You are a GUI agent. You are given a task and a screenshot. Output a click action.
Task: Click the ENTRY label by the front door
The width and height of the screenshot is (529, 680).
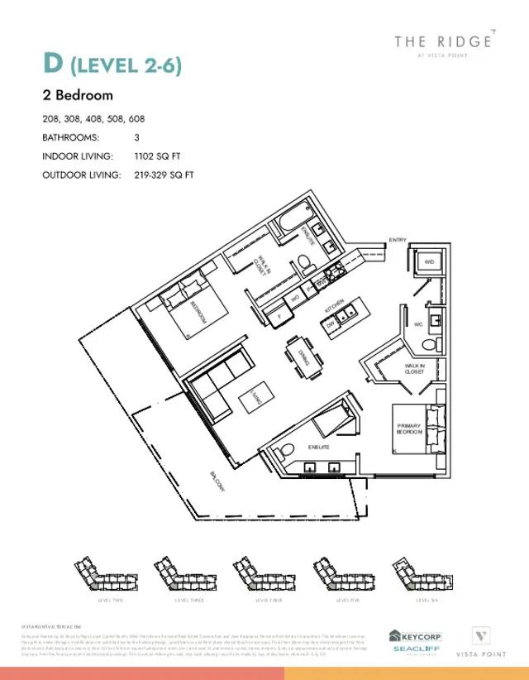tap(398, 240)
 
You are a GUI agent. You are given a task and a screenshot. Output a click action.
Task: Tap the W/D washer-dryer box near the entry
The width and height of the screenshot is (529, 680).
tap(428, 262)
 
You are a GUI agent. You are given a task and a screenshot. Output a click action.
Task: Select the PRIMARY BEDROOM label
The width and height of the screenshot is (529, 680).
tap(409, 429)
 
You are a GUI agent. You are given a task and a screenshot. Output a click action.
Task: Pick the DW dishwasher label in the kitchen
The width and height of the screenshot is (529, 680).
tap(330, 327)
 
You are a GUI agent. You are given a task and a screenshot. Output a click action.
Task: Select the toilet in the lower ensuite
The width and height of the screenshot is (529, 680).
tap(284, 452)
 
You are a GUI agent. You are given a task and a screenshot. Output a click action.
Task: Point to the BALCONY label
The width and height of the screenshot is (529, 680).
tap(217, 482)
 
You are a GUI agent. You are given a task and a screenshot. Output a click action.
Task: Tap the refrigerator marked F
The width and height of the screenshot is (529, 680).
tap(279, 315)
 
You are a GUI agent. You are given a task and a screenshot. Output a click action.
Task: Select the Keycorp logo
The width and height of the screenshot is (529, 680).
tap(415, 635)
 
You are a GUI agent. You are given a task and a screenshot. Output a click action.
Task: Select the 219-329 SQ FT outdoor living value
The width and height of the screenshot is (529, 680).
tap(164, 175)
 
